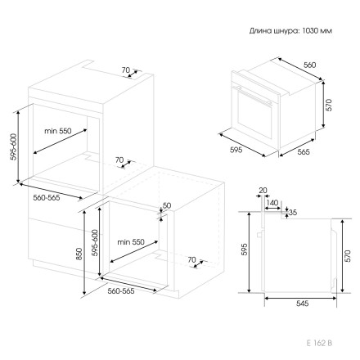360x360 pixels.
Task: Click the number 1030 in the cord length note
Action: [x=310, y=30]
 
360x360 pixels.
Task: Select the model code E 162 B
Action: [x=319, y=343]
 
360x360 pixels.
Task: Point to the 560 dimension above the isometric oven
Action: [x=310, y=65]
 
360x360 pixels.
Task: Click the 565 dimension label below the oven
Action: [x=304, y=151]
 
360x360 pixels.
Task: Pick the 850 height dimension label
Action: [x=79, y=254]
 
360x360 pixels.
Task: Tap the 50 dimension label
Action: [x=167, y=205]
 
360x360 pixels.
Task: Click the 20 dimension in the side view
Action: [x=263, y=191]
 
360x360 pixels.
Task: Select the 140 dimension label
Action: [x=272, y=203]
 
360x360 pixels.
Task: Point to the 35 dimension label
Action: [x=293, y=212]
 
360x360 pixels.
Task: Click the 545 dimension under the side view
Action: [x=302, y=303]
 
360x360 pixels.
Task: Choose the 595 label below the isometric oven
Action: [x=236, y=150]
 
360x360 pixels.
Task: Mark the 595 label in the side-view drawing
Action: [x=244, y=250]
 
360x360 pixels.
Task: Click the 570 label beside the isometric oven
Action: [x=329, y=105]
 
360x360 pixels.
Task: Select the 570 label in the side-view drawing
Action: [x=348, y=256]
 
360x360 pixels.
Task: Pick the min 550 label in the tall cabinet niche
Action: [x=58, y=131]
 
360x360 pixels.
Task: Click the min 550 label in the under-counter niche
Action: [x=131, y=242]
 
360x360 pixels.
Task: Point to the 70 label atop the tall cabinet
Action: [x=126, y=70]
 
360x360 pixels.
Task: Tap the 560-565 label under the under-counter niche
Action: [x=121, y=291]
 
